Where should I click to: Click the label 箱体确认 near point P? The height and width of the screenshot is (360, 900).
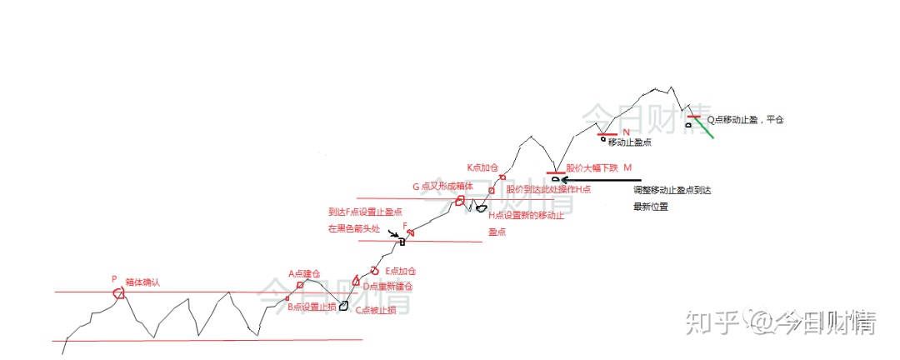point(142,282)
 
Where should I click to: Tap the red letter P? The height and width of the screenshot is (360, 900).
point(114,280)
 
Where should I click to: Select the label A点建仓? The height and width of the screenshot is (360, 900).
point(305,273)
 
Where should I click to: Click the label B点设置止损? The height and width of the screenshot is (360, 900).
point(312,307)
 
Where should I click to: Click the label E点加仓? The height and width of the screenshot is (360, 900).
point(400,272)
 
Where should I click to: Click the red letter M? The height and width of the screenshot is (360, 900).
point(627,168)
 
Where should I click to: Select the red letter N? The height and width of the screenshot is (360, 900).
point(626,132)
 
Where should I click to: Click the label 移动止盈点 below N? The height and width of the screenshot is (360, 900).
point(629,142)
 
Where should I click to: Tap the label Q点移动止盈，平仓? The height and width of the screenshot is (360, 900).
point(746,120)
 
